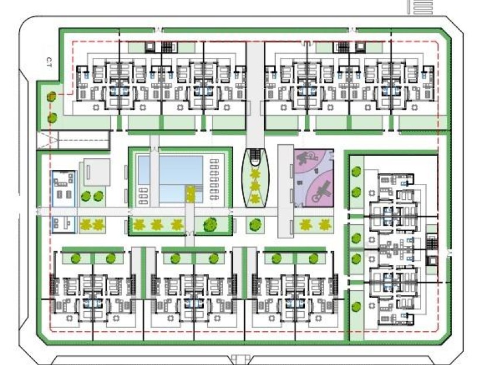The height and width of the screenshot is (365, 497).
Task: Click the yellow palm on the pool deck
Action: pyautogui.click(x=190, y=193)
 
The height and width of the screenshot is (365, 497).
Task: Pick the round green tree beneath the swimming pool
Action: pyautogui.click(x=208, y=224)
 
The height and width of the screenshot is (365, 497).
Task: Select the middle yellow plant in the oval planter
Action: pyautogui.click(x=255, y=186)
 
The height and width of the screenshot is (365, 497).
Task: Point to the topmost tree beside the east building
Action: pyautogui.click(x=356, y=172)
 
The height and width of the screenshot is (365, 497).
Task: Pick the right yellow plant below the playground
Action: pyautogui.click(x=325, y=224)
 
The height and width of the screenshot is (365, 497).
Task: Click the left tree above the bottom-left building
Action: pyautogui.click(x=74, y=258)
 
